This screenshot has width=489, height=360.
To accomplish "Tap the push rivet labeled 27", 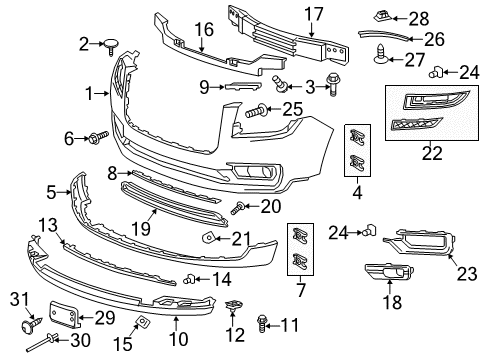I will [383, 60].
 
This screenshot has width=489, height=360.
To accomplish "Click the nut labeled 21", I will [211, 238].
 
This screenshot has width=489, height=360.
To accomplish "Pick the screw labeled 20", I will [239, 207].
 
